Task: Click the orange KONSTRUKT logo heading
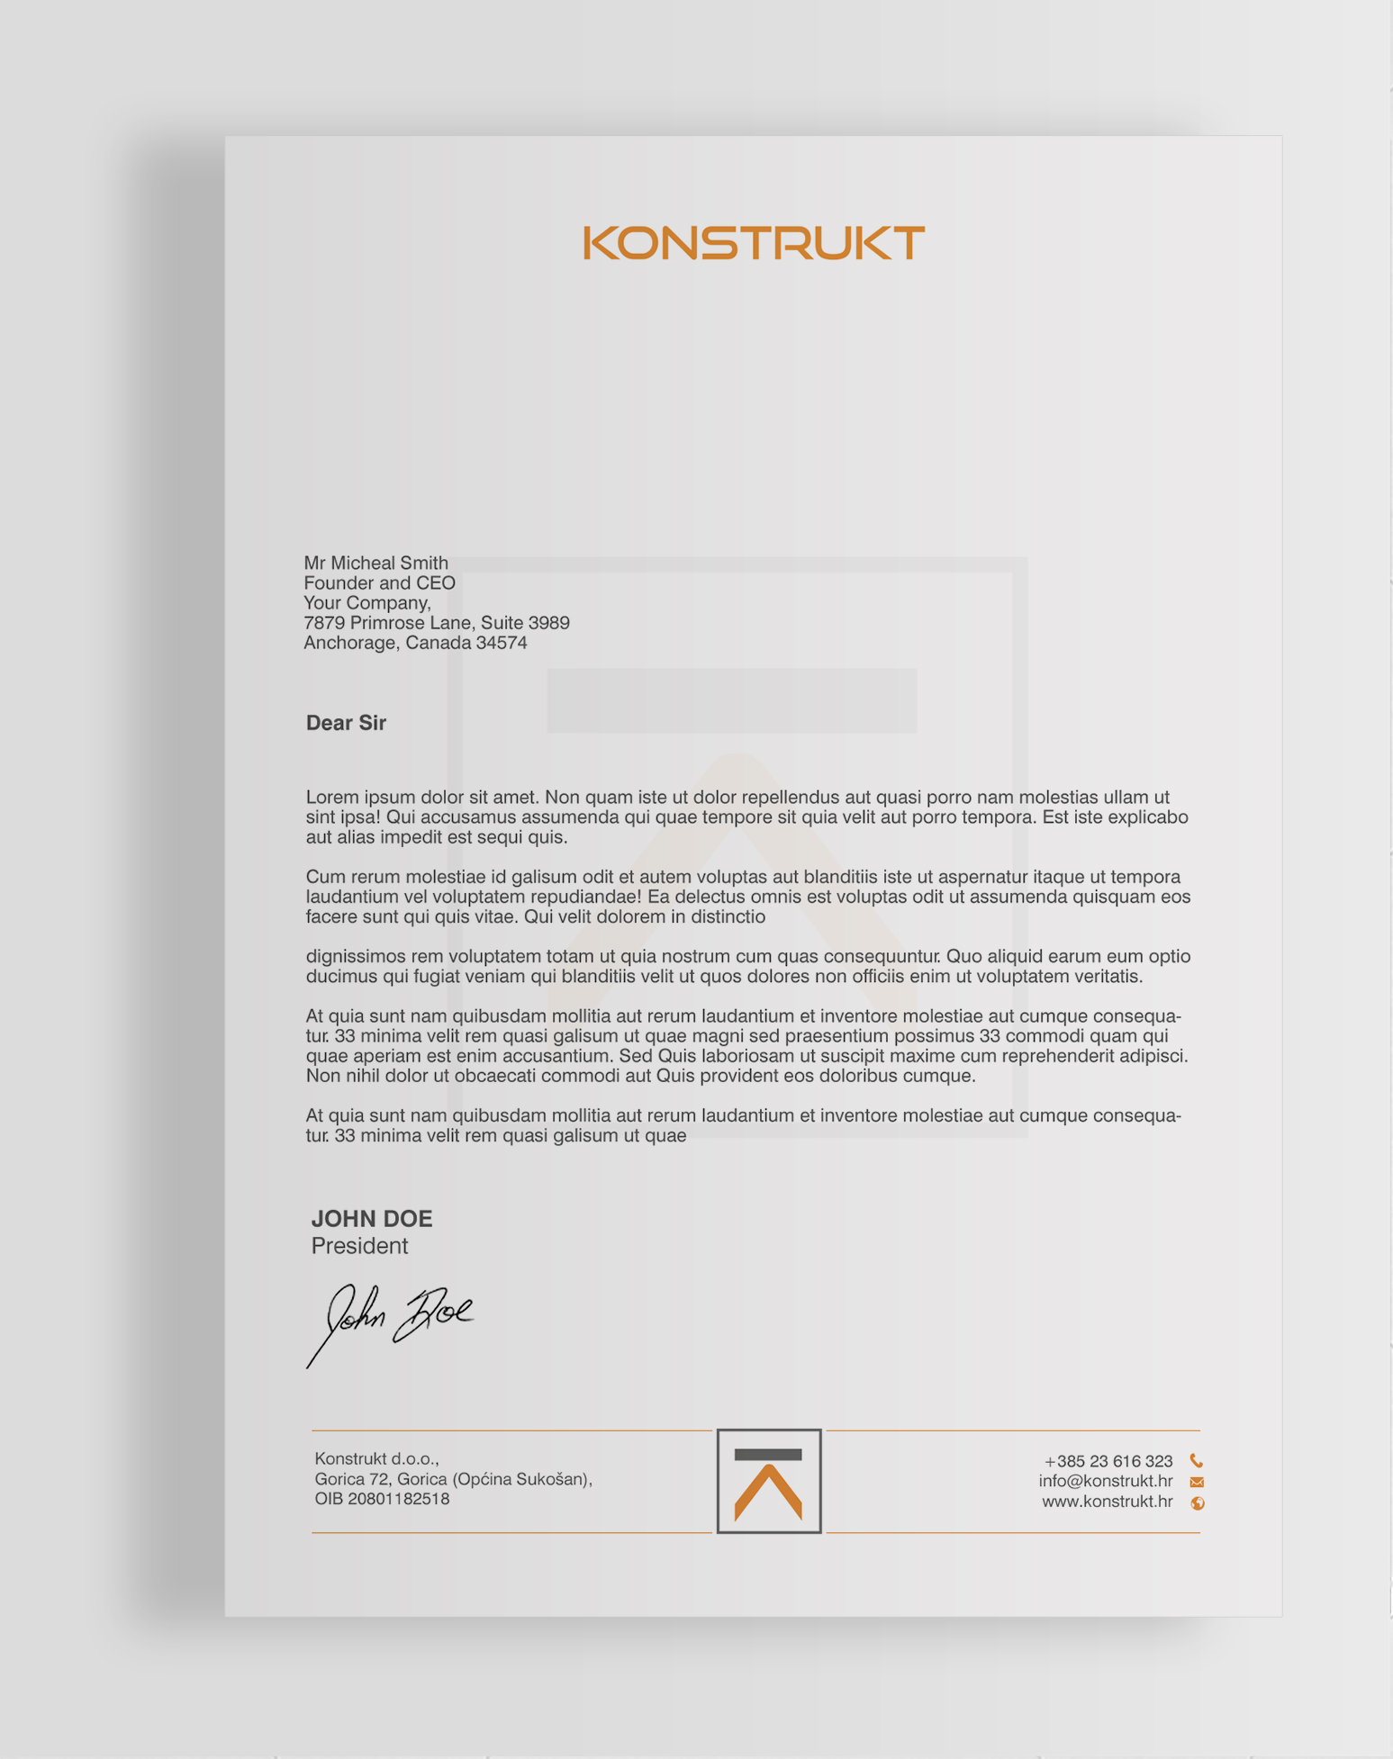[x=754, y=243]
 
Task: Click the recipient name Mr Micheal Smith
[x=375, y=564]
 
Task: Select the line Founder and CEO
[x=379, y=583]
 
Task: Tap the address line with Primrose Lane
[x=436, y=623]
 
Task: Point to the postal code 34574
[x=502, y=643]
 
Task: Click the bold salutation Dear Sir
[x=346, y=723]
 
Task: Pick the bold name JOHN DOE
[x=372, y=1219]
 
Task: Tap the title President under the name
[x=359, y=1246]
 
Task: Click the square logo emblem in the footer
[x=769, y=1481]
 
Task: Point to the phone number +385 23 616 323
[x=1108, y=1461]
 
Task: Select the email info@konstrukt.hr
[x=1105, y=1481]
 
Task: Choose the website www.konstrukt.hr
[x=1107, y=1502]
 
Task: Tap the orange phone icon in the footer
[x=1197, y=1460]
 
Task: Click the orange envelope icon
[x=1197, y=1482]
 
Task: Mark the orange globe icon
[x=1198, y=1502]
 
